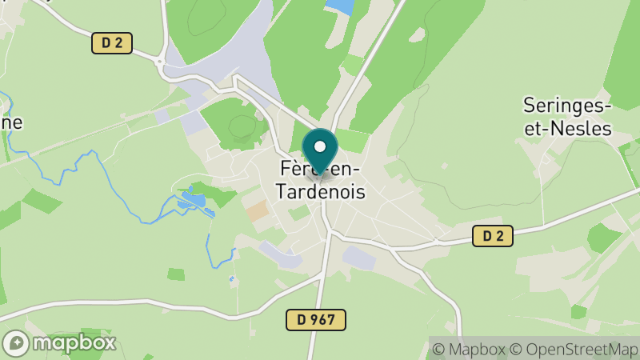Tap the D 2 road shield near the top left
click(111, 43)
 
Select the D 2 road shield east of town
click(492, 235)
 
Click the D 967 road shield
click(316, 320)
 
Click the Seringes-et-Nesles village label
click(567, 116)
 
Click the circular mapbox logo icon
click(16, 343)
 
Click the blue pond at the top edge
click(340, 6)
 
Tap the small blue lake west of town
click(192, 201)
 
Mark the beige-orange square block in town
click(257, 211)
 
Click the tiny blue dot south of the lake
click(231, 278)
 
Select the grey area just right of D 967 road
click(359, 258)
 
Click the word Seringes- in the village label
click(567, 105)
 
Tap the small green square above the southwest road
click(176, 274)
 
